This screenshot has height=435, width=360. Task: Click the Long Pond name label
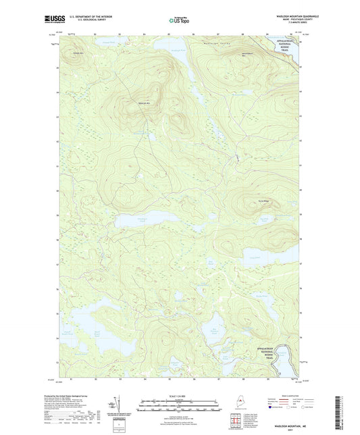tap(254, 257)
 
